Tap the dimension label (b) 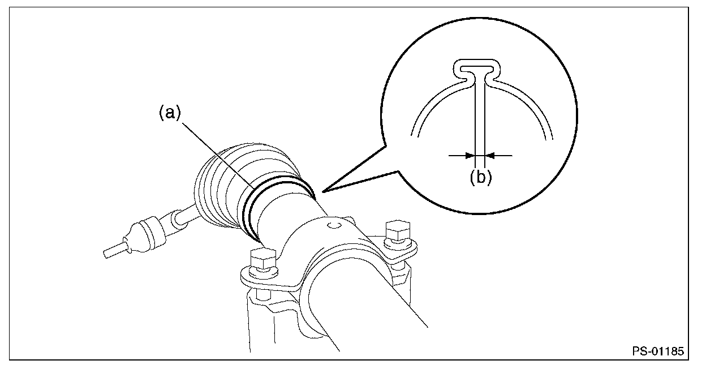[x=480, y=177]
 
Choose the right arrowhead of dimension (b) [x=490, y=155]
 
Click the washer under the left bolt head [x=261, y=273]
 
